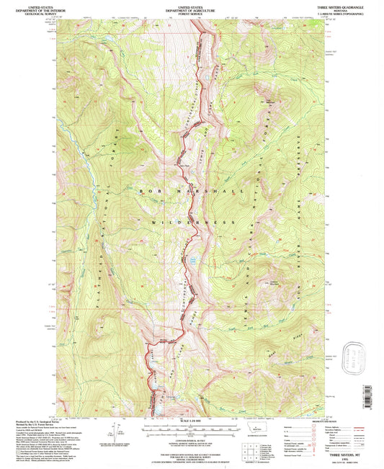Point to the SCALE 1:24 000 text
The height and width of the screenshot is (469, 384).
point(192,420)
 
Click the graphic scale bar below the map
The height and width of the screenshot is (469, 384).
point(192,426)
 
